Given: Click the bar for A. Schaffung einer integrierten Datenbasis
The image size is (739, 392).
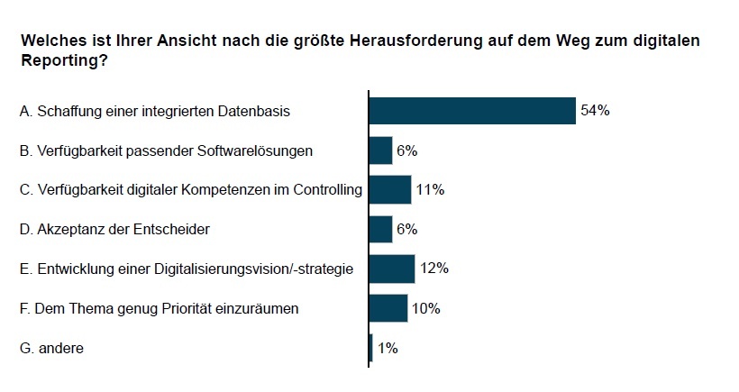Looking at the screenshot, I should (x=472, y=111).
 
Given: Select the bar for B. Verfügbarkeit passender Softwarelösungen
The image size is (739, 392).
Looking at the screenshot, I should (x=381, y=150).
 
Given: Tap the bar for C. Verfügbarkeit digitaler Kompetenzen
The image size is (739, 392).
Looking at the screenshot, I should (x=390, y=189).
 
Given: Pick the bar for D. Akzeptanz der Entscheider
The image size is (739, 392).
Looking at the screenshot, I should (x=381, y=229).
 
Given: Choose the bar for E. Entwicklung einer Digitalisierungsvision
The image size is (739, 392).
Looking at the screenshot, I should (x=392, y=269).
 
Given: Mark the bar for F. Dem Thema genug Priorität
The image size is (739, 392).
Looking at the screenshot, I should (x=388, y=308).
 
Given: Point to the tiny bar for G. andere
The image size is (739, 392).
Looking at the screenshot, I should (x=370, y=347).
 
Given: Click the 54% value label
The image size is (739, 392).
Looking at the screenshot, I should (x=596, y=111).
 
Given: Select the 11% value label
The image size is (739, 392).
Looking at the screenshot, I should (x=431, y=189).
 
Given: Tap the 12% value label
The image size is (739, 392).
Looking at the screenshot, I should (x=434, y=269).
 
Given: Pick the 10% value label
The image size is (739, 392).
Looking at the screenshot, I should (x=425, y=308).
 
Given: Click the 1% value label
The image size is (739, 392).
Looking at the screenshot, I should (x=388, y=347).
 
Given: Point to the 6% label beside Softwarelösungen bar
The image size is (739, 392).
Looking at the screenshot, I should (x=406, y=150).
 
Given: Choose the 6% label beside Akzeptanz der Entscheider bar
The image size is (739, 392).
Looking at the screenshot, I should (x=406, y=229).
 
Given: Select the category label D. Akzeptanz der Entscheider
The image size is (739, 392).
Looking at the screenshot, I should (x=114, y=230).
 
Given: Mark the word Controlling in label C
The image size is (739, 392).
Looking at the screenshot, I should (x=330, y=190).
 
